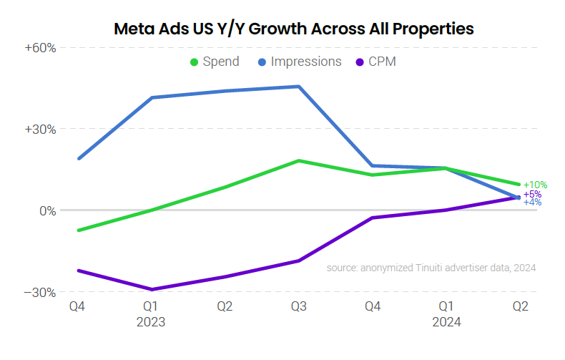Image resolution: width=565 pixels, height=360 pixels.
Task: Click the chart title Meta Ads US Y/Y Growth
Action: [294, 29]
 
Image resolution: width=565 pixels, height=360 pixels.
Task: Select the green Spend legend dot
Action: [194, 62]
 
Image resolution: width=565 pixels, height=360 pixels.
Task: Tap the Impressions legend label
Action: [306, 62]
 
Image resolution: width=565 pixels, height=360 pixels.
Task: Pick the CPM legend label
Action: [383, 62]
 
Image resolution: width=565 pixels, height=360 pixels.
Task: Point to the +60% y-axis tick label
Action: [41, 48]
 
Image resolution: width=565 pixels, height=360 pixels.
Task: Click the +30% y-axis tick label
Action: [41, 130]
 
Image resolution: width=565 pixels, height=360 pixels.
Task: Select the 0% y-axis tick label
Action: [47, 210]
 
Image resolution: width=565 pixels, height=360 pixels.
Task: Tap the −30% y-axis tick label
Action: [41, 292]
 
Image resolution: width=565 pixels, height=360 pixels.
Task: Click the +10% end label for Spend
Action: [535, 185]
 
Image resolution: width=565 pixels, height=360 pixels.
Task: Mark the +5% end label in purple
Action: [532, 194]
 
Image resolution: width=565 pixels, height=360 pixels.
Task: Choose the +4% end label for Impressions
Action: [532, 203]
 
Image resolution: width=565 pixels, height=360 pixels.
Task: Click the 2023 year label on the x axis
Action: [151, 322]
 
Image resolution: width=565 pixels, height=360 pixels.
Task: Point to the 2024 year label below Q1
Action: [446, 322]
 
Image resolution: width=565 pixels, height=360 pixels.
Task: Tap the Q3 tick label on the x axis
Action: [299, 307]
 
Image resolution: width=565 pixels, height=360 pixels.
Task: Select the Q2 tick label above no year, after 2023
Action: [225, 307]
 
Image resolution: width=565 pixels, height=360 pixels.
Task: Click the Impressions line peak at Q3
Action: [299, 87]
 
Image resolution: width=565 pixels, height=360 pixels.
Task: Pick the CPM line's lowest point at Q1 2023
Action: [152, 289]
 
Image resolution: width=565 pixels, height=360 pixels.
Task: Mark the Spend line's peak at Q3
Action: [299, 160]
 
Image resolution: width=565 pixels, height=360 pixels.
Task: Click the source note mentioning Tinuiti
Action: [431, 268]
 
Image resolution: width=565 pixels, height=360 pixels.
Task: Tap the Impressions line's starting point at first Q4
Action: [78, 159]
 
